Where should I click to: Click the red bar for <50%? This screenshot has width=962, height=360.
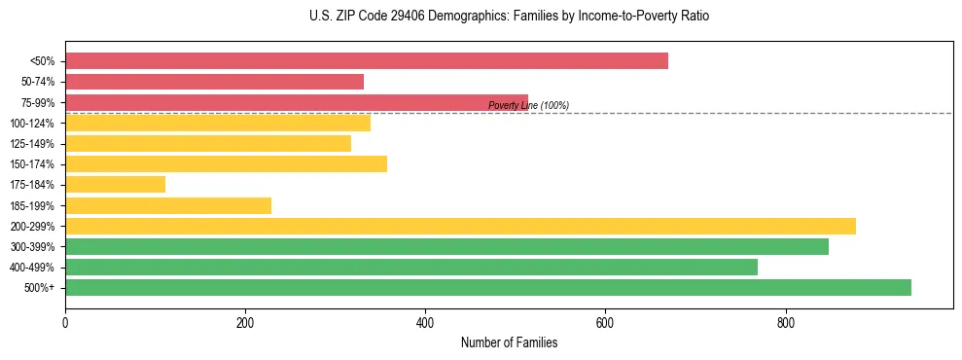pos(367,61)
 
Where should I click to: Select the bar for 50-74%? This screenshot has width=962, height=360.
pos(214,82)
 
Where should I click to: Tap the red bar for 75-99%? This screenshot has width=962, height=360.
pos(297,102)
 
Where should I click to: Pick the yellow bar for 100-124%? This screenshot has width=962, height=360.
pos(218,123)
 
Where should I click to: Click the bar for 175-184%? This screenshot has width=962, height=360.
pos(115,185)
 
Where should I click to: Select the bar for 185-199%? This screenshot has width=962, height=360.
pos(168,205)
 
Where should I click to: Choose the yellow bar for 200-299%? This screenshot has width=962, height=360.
pos(460,226)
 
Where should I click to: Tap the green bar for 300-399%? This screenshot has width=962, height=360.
pos(446,247)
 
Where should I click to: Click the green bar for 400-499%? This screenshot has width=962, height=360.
pos(411,268)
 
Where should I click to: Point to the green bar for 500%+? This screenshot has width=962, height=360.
pos(488,288)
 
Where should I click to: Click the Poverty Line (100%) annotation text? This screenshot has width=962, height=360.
pos(528,105)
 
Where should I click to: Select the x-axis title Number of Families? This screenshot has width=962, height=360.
pos(509,343)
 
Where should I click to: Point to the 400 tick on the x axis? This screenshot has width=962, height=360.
pos(425,323)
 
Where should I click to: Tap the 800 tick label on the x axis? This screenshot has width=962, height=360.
pos(785,323)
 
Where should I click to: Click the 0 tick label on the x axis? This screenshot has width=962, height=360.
pos(65,323)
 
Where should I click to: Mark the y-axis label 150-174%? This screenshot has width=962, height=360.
pos(32,164)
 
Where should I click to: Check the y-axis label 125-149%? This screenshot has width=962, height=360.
pos(32,144)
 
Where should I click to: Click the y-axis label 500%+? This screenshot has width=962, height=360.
pos(39,288)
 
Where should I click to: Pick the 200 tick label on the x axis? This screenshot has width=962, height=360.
pos(245,323)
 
